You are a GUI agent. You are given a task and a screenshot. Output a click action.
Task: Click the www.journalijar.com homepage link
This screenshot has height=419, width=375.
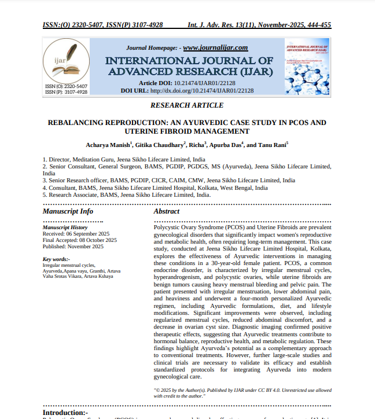(215, 47)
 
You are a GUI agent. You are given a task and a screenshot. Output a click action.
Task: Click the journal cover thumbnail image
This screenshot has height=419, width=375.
(307, 67)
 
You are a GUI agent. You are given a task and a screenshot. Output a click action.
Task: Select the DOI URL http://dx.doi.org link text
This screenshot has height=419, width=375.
(202, 91)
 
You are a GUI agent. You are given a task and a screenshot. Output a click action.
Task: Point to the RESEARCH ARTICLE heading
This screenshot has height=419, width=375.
(187, 105)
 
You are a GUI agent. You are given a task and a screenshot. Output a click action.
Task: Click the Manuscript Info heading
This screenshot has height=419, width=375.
(68, 211)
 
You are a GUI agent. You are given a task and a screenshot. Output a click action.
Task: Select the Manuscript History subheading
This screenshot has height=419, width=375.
(65, 228)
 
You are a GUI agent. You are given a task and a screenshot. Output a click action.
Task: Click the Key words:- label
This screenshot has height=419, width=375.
(56, 259)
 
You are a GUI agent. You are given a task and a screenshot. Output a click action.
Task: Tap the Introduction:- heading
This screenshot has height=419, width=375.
(65, 413)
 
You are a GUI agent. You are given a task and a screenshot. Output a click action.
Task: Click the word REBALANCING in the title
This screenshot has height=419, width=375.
(78, 123)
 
